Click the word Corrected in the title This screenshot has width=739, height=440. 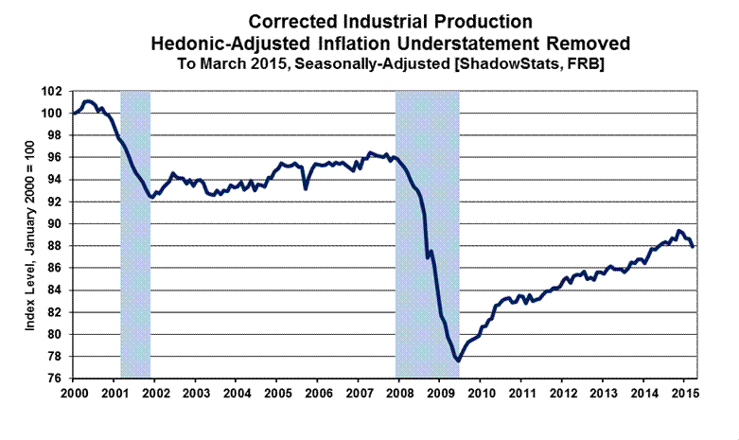tap(290, 20)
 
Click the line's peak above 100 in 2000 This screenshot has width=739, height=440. tap(88, 100)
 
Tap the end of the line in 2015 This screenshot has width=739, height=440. tap(693, 246)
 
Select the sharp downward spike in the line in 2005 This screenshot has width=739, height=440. tap(305, 187)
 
